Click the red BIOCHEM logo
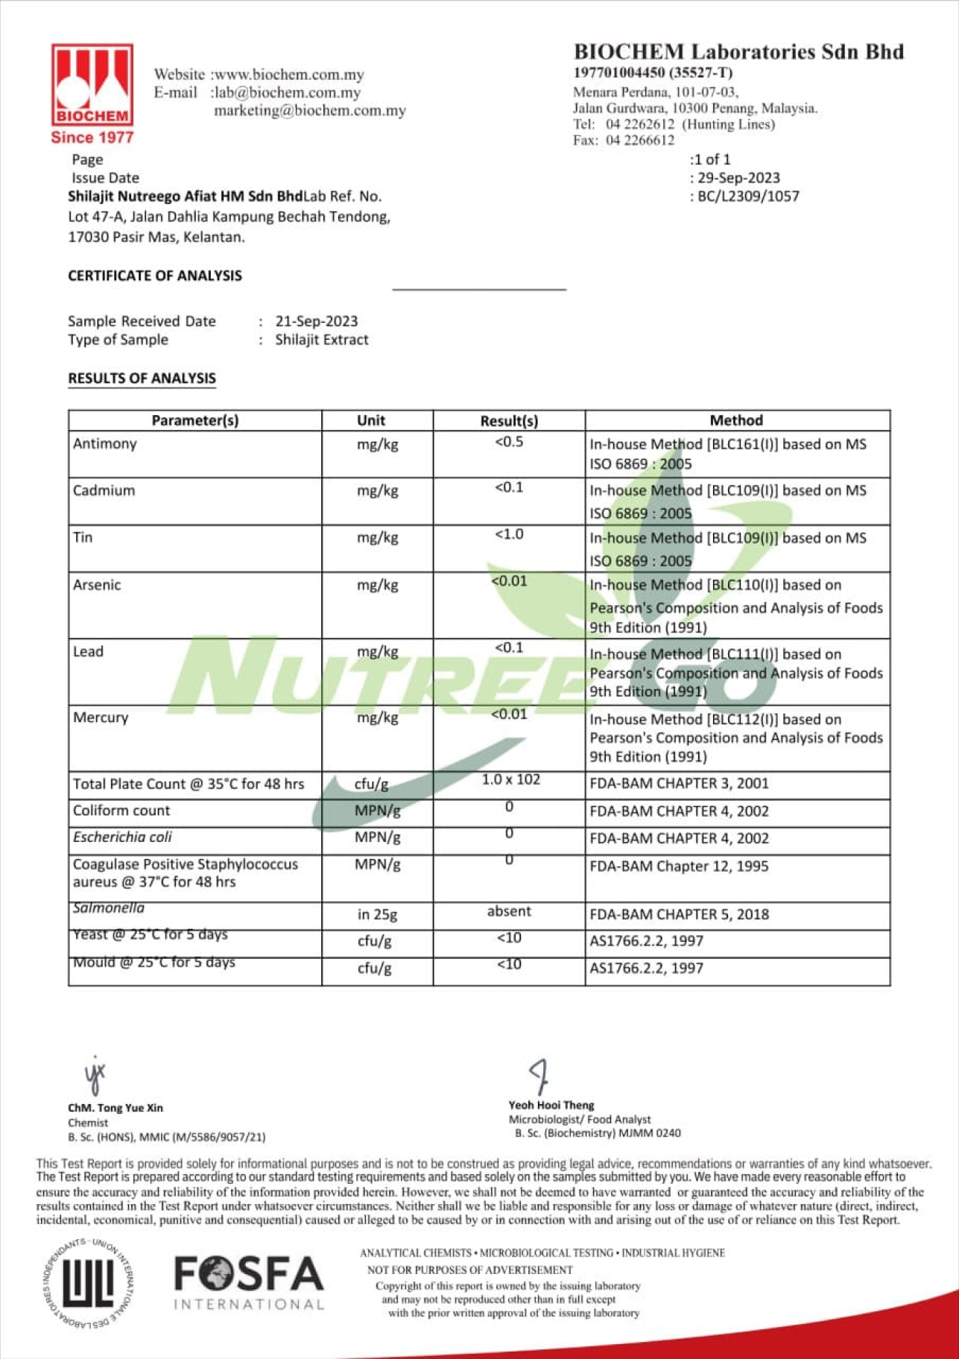point(92,85)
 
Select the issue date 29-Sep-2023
point(738,178)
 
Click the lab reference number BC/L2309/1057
point(747,197)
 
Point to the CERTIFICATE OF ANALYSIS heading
point(155,276)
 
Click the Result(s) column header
point(509,421)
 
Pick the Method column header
point(736,421)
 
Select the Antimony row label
point(105,444)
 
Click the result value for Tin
point(509,534)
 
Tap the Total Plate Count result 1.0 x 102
point(510,780)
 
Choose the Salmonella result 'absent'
point(509,911)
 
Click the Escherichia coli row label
point(122,837)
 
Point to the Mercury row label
point(101,717)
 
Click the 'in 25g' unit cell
point(377,914)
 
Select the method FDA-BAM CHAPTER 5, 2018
point(679,914)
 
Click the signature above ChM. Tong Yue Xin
point(95,1075)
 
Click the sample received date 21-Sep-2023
point(317,321)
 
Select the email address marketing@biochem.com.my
point(310,111)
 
